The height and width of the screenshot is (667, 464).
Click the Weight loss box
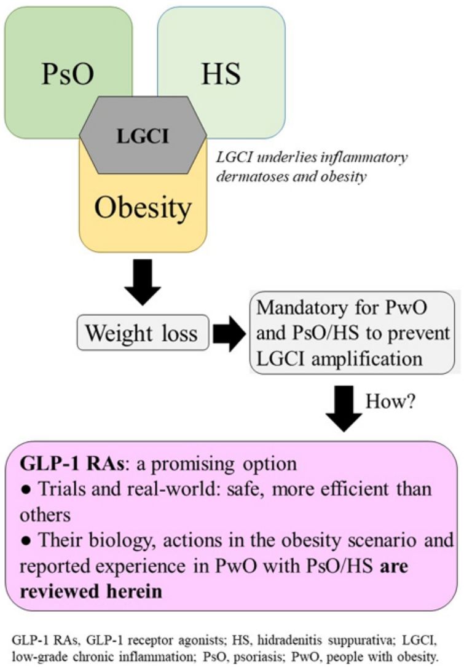[141, 333]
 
